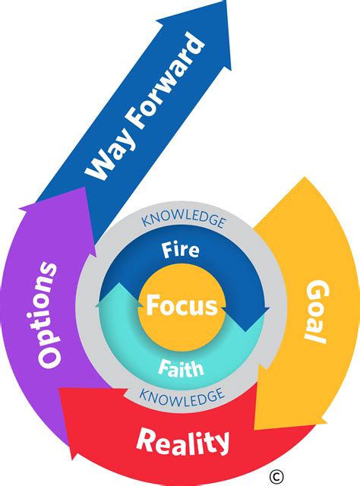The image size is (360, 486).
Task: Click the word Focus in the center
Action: pos(182,307)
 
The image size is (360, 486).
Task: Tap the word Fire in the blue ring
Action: pos(181,249)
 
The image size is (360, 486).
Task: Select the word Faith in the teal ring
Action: pos(180,370)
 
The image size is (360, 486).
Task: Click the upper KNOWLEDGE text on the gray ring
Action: pos(183,222)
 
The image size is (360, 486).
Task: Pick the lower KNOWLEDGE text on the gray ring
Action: pos(182,395)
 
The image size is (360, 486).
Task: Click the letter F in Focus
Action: pos(153,307)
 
